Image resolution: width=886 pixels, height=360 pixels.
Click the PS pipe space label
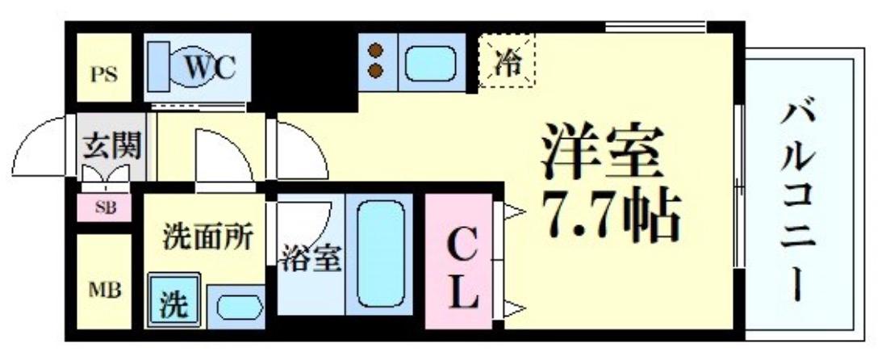click(103, 75)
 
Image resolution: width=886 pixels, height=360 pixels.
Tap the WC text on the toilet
click(209, 67)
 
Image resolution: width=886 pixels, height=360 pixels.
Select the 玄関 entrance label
click(111, 147)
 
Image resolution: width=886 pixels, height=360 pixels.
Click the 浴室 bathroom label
click(311, 259)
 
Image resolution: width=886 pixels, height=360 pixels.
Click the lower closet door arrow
click(514, 307)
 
